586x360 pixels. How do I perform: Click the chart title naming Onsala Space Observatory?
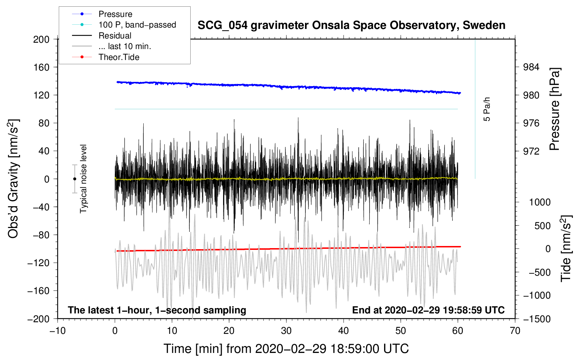tap(351, 25)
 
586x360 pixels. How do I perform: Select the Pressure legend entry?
tap(115, 14)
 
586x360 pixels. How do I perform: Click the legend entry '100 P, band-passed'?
tap(137, 25)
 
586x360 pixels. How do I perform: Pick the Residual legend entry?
tap(115, 36)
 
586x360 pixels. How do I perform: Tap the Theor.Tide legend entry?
tap(119, 57)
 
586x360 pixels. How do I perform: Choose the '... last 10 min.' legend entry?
tap(125, 46)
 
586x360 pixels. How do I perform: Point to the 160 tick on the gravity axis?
tap(41, 67)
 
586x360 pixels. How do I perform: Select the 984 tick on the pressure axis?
tap(531, 67)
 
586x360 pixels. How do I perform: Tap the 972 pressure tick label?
tap(531, 151)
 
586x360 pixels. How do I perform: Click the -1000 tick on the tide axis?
tap(537, 295)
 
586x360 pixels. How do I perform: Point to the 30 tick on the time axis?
tap(286, 331)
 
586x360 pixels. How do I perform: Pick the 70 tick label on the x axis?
tap(515, 331)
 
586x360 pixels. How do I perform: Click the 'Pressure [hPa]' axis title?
tap(555, 109)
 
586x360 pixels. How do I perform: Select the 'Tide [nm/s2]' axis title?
tap(566, 248)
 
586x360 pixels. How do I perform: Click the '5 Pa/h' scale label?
tap(487, 109)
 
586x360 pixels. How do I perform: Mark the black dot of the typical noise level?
tap(74, 179)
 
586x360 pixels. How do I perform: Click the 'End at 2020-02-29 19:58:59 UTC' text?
tap(428, 310)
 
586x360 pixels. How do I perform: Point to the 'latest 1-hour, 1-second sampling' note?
tap(157, 310)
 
